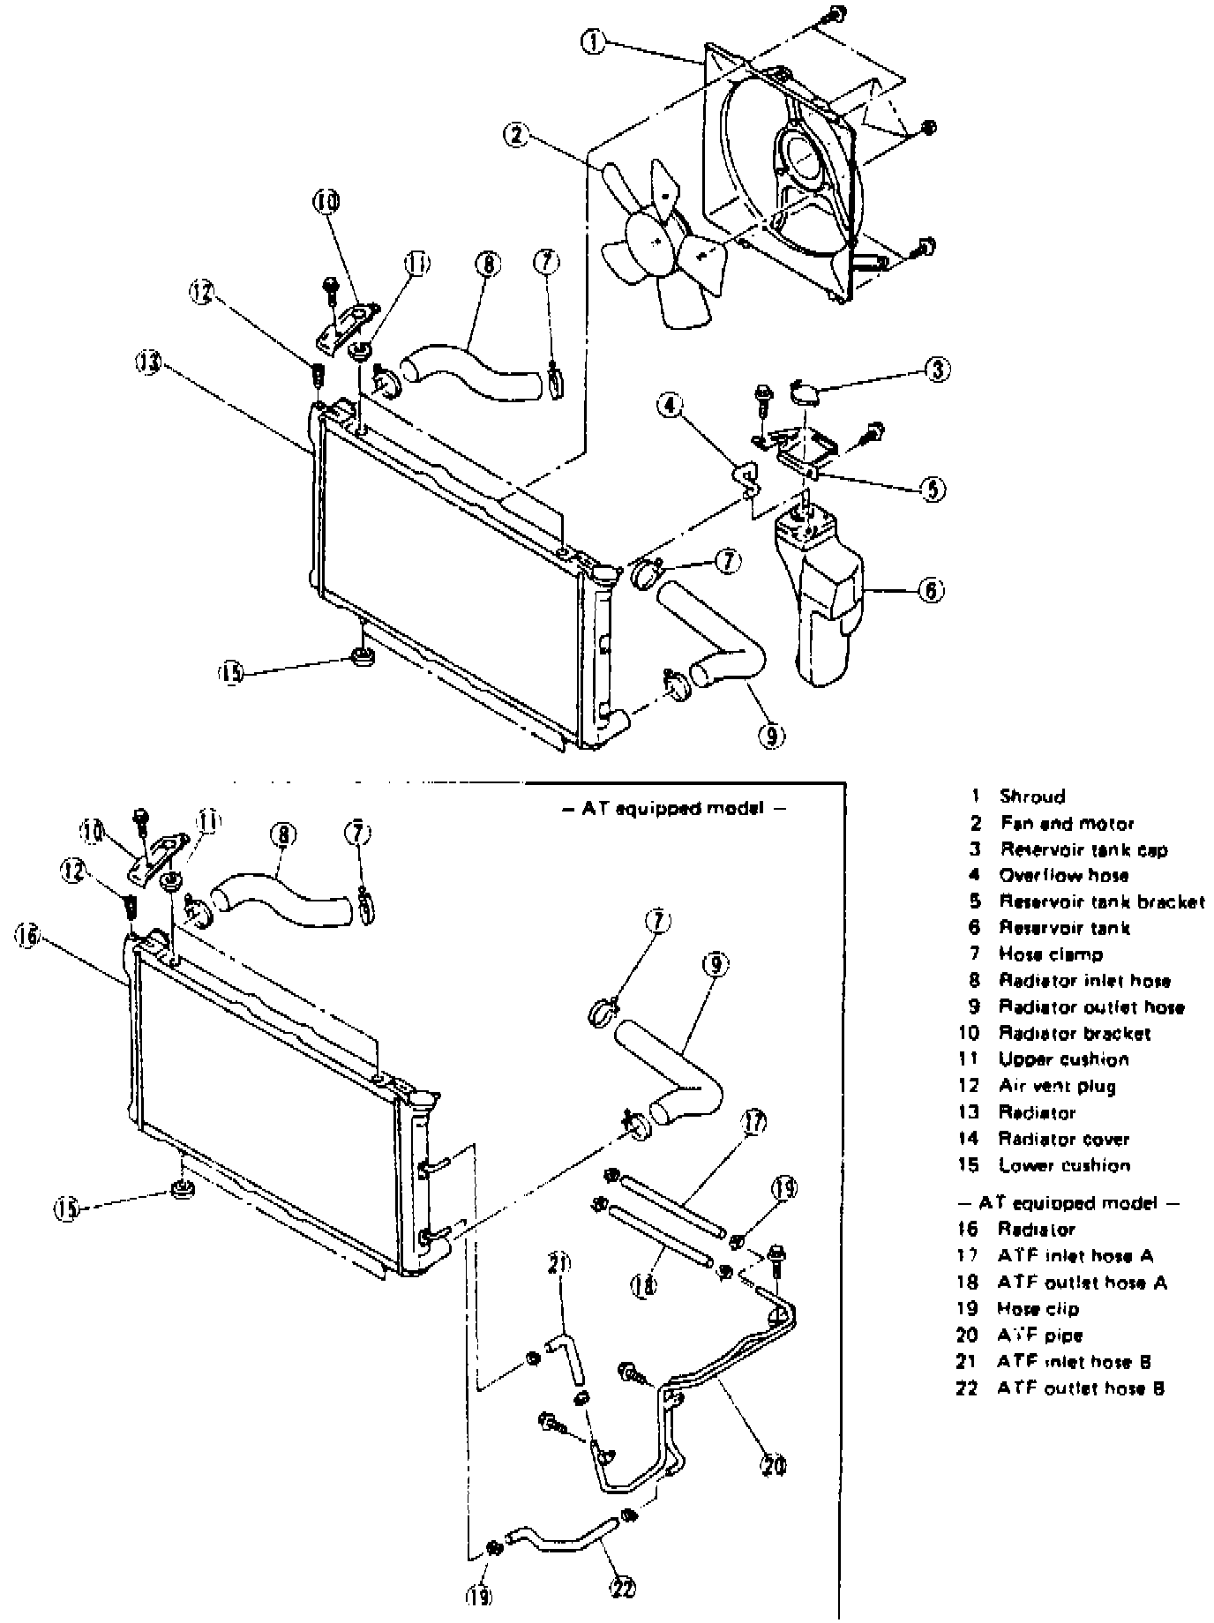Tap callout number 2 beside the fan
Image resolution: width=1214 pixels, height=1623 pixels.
[516, 135]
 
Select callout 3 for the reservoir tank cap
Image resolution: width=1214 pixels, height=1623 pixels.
[938, 370]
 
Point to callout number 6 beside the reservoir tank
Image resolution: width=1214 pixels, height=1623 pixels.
[932, 589]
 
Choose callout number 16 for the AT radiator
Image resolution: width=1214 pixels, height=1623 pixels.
[26, 938]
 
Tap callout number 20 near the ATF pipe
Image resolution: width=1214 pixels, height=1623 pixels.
[774, 1465]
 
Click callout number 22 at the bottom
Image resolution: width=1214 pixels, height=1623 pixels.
[623, 1587]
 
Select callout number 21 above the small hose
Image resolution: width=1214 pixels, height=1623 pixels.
[557, 1264]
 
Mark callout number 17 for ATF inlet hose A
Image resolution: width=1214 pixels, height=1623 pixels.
[754, 1123]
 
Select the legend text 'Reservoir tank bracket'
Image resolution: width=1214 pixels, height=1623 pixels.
[1101, 901]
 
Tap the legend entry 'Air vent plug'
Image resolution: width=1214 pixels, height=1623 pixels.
[1057, 1086]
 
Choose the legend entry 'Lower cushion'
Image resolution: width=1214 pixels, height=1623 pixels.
[1063, 1165]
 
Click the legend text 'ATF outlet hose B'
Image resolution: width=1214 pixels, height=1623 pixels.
[1081, 1387]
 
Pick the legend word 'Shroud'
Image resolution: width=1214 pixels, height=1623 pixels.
[1031, 797]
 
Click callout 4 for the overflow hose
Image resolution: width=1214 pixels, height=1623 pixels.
[671, 405]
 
